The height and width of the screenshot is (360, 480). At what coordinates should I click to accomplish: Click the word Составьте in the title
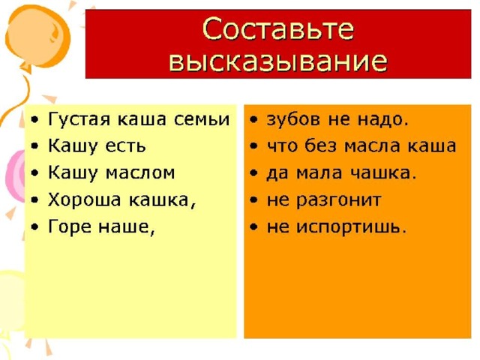[x=278, y=29]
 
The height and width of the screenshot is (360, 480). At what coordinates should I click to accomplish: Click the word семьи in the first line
[x=202, y=119]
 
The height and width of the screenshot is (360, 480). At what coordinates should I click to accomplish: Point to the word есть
[x=125, y=146]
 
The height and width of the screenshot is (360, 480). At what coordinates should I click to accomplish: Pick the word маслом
[x=140, y=173]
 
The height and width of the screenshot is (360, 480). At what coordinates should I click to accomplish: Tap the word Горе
[x=70, y=227]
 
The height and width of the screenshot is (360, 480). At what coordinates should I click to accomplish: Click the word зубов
[x=293, y=118]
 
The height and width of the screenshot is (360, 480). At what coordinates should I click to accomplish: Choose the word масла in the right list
[x=372, y=146]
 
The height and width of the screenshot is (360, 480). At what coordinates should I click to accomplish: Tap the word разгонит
[x=339, y=201]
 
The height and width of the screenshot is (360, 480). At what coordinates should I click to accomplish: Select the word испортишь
[x=352, y=228]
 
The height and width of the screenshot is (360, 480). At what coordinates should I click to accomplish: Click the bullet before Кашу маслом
[x=35, y=173]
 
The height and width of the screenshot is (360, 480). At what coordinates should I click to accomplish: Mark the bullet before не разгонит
[x=253, y=200]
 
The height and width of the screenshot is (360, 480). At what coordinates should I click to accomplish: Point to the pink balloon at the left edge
[x=15, y=176]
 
